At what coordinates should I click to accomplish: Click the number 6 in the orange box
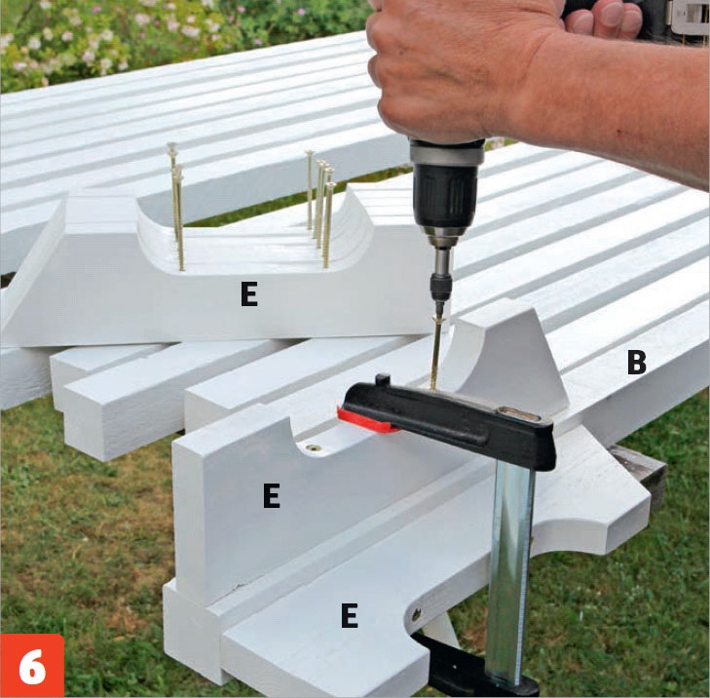coord(32,667)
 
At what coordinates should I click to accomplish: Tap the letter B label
coord(636,362)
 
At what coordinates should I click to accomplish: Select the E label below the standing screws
coord(249,294)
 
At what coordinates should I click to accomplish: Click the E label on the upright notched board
coord(271,496)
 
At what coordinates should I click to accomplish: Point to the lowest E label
coord(349,615)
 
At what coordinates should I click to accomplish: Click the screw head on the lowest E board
coord(416,615)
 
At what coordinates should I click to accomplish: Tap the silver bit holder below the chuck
coord(441,263)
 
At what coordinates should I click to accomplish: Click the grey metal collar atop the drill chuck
coord(446,152)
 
